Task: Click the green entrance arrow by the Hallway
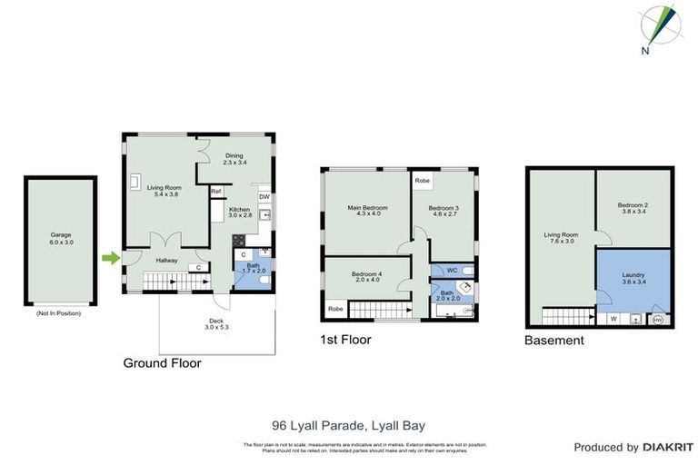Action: [110, 260]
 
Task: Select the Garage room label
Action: [61, 239]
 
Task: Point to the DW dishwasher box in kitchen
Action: [264, 197]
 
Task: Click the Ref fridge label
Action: [216, 192]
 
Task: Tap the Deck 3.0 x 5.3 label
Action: [215, 323]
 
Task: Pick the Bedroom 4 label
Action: [366, 276]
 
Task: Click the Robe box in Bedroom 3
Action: [423, 181]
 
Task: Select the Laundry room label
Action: [633, 277]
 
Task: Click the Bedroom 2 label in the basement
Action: [633, 208]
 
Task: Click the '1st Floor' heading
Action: [344, 340]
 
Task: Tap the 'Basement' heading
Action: [553, 341]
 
